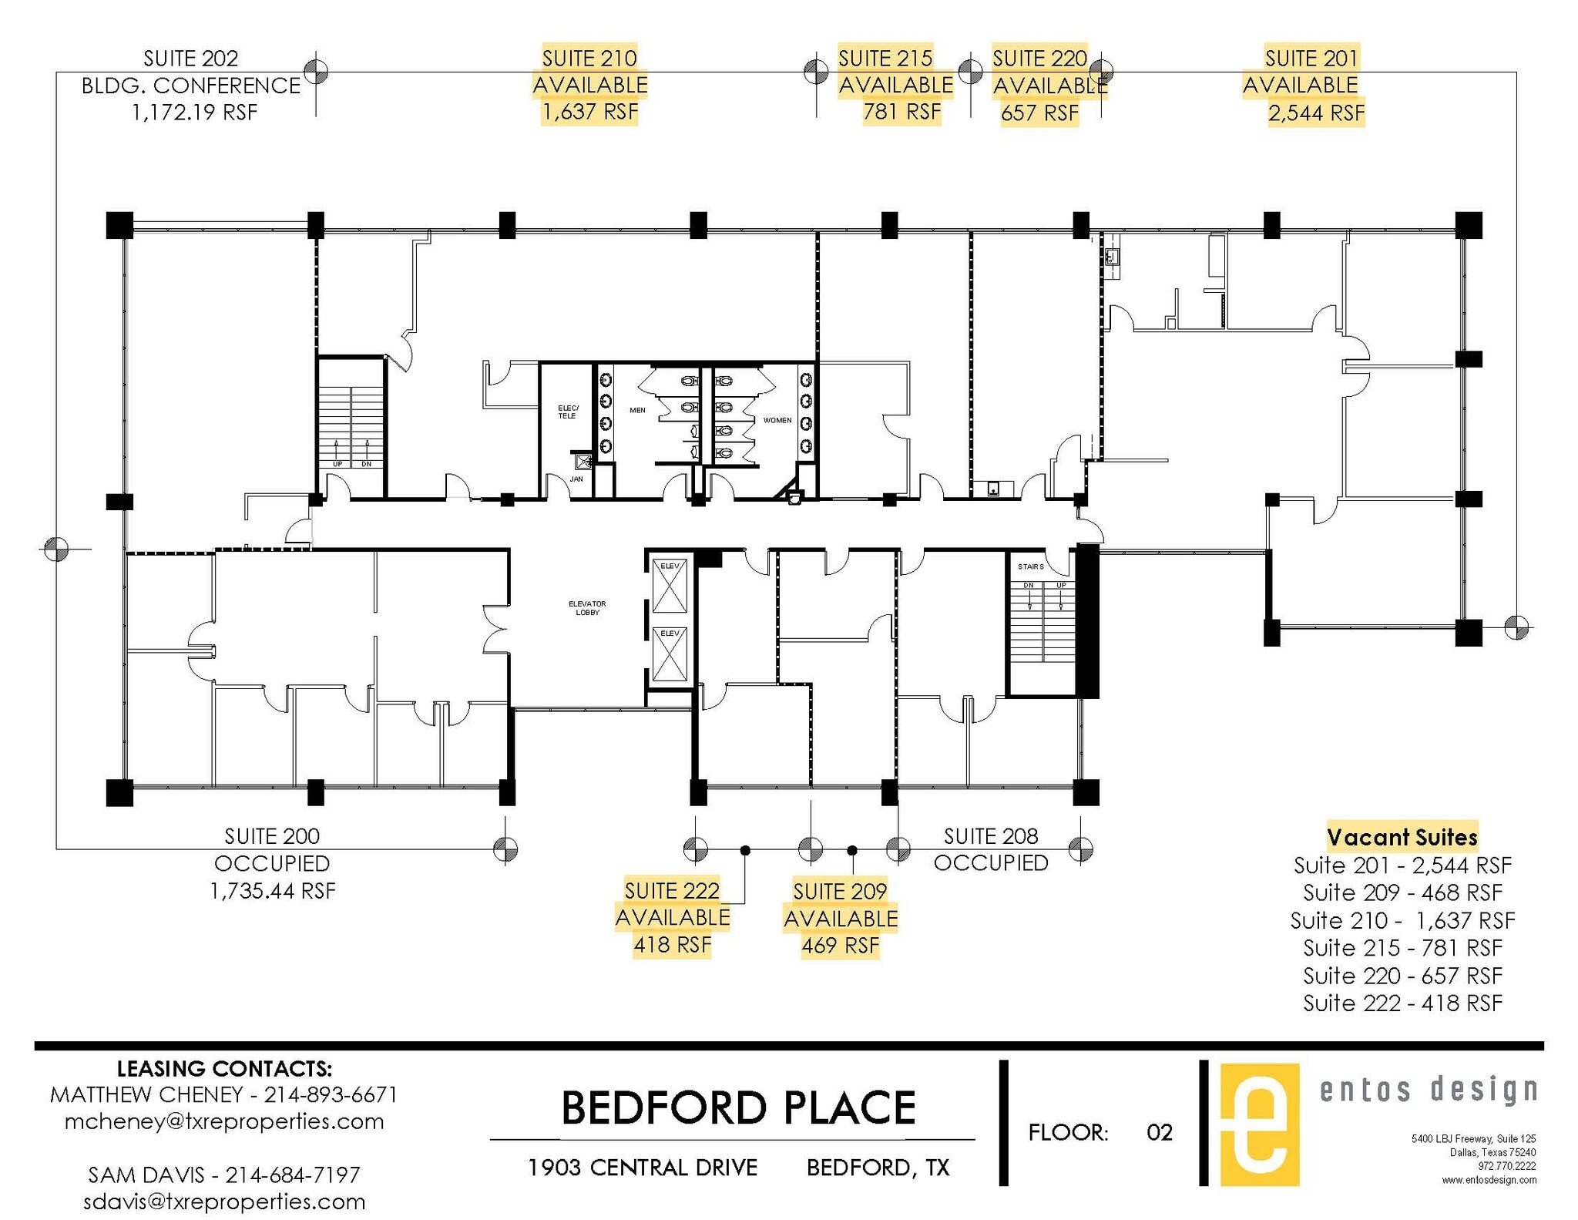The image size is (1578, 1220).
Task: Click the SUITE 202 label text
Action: [190, 58]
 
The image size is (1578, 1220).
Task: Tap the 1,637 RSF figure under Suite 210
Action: [589, 113]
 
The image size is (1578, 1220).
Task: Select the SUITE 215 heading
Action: [885, 58]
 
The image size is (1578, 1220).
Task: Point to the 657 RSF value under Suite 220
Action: [1039, 113]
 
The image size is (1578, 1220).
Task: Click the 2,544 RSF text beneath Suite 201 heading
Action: [1316, 113]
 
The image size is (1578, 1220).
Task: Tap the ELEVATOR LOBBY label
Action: [587, 608]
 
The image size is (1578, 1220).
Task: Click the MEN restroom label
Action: [637, 410]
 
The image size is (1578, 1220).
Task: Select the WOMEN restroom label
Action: [777, 420]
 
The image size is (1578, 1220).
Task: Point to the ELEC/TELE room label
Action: [567, 412]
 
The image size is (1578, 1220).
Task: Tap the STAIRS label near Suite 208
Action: [1030, 566]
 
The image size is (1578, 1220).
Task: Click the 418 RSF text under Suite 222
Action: [672, 945]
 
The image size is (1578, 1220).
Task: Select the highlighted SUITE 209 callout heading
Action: [840, 891]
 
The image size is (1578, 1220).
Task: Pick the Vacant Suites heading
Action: [1402, 837]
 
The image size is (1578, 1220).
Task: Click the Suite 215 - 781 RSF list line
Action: [1402, 947]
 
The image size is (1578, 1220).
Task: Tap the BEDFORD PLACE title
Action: [737, 1107]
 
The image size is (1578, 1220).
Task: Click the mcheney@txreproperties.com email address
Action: [224, 1121]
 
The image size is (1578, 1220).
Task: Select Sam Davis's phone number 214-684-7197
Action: [292, 1175]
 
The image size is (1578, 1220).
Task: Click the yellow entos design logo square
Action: [1259, 1124]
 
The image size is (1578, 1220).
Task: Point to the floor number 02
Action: [1159, 1132]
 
